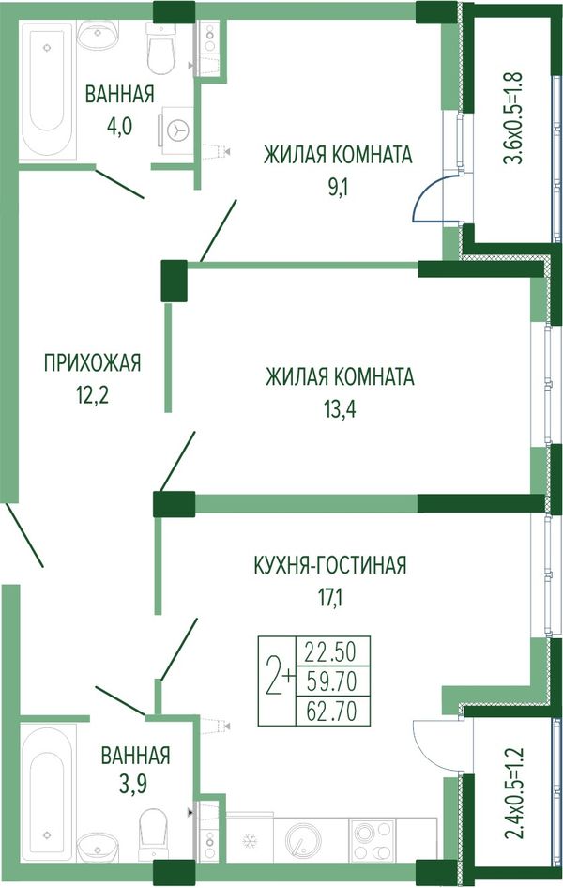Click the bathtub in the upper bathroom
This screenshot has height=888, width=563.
(47, 92)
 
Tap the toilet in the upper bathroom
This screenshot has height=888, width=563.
(160, 49)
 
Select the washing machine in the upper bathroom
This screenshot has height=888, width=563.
(176, 130)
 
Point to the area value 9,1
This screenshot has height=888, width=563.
(337, 187)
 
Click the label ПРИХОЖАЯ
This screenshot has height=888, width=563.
(92, 362)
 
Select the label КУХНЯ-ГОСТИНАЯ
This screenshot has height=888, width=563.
(330, 565)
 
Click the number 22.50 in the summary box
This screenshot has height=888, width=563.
(331, 652)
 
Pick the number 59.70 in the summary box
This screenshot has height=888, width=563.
(331, 682)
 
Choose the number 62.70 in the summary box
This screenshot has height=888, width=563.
(331, 712)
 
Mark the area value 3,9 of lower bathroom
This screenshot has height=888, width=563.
(136, 785)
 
